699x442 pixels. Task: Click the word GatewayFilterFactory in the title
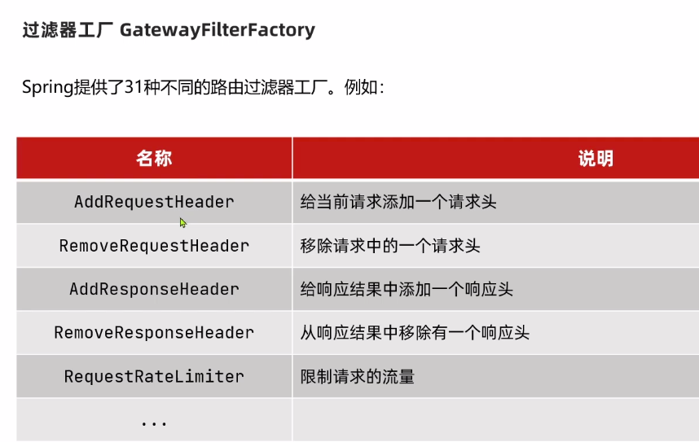pos(217,31)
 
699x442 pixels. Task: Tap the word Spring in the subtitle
pos(48,87)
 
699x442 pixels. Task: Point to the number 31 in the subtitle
pos(134,87)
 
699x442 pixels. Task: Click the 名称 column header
pos(154,158)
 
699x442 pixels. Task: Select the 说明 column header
pos(596,158)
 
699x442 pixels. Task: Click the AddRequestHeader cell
pos(154,202)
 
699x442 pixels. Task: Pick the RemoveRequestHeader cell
pos(154,245)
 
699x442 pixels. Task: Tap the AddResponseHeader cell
pos(154,289)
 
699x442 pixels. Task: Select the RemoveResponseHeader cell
pos(154,332)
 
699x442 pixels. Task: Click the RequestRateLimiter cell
pos(154,376)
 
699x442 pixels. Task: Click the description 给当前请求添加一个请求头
pos(398,202)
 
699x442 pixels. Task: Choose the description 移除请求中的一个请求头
pos(390,245)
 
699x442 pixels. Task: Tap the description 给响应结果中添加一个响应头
pos(407,289)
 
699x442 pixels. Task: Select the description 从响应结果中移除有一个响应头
pos(415,332)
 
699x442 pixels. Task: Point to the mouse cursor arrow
pos(183,222)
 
